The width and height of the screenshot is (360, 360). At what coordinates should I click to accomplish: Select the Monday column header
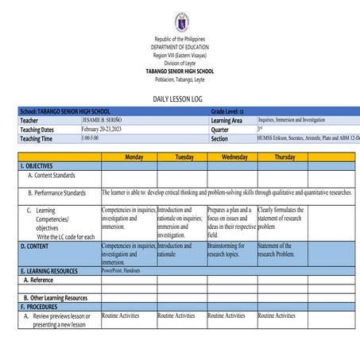[x=129, y=157]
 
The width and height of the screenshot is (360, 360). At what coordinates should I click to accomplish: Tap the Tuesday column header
[x=181, y=157]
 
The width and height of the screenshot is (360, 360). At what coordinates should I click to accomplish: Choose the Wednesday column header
[x=232, y=157]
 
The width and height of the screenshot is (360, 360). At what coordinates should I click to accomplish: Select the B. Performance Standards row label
[x=56, y=192]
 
